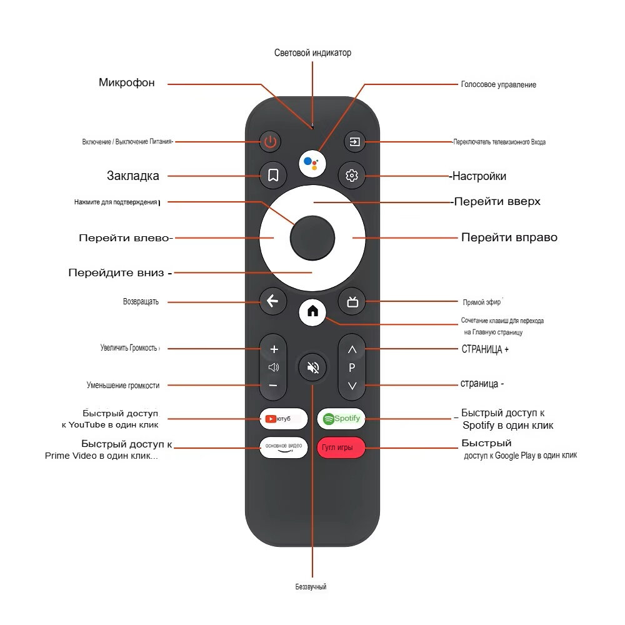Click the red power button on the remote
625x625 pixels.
[270, 142]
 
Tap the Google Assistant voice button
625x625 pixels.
[312, 162]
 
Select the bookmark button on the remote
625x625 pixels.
[272, 176]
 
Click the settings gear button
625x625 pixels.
[352, 176]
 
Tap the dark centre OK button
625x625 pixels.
[312, 237]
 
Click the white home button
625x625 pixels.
[312, 311]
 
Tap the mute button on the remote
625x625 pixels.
[312, 367]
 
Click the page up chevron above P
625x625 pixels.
[352, 349]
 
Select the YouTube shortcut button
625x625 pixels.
[284, 418]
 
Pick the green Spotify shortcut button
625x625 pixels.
[341, 418]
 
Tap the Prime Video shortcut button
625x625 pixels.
[284, 447]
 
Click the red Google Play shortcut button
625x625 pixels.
[341, 447]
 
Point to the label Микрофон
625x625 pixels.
[126, 82]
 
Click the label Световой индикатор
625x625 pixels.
[312, 53]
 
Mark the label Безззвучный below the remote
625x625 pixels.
[311, 587]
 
